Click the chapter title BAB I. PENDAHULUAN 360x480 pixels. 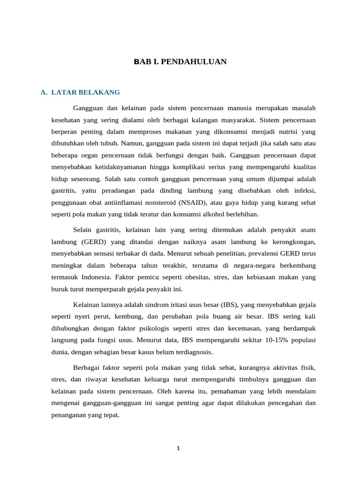click(180, 61)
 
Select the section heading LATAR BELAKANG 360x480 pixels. click(85, 92)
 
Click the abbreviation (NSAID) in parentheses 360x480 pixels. click(192, 202)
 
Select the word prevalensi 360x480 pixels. click(256, 254)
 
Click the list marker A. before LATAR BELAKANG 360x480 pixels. click(44, 92)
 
